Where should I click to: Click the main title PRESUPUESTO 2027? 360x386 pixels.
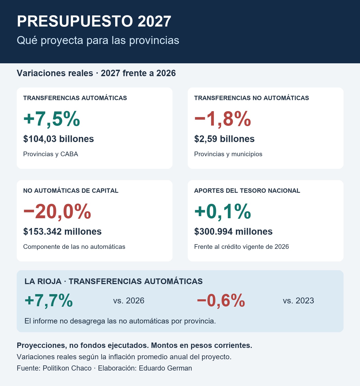tap(94, 21)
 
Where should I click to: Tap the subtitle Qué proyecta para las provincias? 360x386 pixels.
tap(98, 40)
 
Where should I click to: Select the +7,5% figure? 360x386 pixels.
tap(52, 119)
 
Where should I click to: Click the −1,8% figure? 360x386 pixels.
tap(223, 119)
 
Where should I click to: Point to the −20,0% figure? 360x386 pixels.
tap(57, 212)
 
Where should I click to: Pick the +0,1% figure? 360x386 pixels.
tap(223, 212)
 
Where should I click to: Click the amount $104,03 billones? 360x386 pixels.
tap(58, 139)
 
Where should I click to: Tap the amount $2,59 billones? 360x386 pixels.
tap(224, 139)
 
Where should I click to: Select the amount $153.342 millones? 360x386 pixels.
tap(62, 232)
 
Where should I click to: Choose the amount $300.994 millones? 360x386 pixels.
tap(233, 232)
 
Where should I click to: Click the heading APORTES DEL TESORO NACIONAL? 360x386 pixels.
tap(247, 191)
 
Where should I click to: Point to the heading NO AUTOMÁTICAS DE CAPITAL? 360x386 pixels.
tap(71, 191)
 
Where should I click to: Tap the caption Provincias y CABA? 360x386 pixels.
tap(50, 154)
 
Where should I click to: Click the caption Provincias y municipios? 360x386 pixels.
tap(228, 154)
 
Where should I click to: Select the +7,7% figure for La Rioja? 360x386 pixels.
tap(49, 301)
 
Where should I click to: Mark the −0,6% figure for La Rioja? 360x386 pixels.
tap(221, 301)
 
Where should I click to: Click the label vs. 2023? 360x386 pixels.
tap(298, 301)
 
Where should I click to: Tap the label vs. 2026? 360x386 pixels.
tap(129, 301)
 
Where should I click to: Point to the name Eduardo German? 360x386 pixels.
tap(165, 368)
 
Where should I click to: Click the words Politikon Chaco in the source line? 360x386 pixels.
tap(67, 368)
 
